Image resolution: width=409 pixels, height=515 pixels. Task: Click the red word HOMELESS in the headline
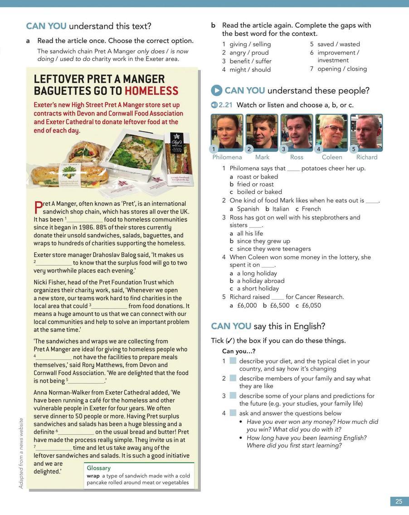point(151,91)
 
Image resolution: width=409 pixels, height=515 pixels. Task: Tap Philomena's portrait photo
point(227,131)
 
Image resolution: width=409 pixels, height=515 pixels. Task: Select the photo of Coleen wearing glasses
point(331,131)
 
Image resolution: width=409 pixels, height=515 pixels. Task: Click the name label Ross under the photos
point(297,157)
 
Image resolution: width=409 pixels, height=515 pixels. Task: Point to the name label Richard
point(367,157)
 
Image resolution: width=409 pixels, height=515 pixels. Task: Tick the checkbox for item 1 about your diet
point(233,361)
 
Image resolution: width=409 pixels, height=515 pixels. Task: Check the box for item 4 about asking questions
point(233,413)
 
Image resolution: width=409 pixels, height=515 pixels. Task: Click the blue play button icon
point(216,90)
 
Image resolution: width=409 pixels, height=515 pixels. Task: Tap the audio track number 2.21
point(225,105)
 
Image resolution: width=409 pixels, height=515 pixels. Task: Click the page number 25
point(399,501)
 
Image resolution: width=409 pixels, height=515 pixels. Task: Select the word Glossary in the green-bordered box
point(98,468)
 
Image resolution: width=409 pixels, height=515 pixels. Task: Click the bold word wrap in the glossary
point(93,476)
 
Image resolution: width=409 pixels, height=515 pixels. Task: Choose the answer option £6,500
point(279,306)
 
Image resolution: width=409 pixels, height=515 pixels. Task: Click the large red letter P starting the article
point(38,207)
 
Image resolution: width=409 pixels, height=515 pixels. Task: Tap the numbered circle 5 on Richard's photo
point(354,149)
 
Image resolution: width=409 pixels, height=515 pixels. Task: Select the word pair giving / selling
point(250,44)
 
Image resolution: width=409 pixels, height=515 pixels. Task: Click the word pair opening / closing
point(342,69)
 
